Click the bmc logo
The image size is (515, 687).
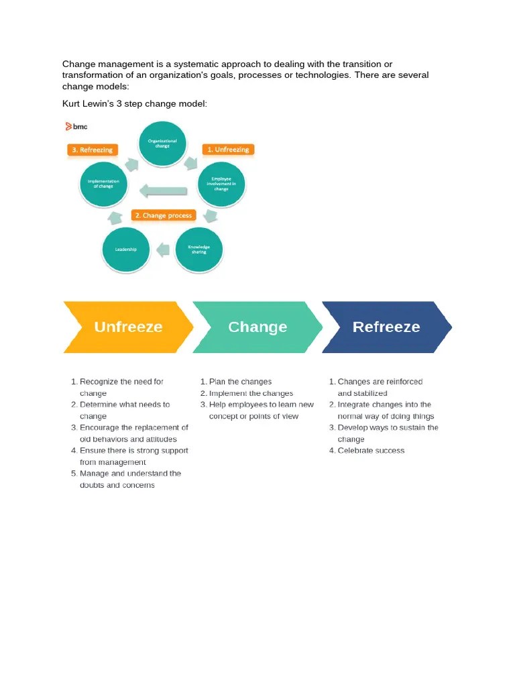click(76, 126)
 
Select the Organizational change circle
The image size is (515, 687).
click(162, 144)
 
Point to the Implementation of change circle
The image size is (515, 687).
click(103, 182)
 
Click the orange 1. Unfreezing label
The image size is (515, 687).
click(228, 150)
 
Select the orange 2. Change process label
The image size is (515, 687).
click(164, 215)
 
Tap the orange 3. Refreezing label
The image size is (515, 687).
click(93, 150)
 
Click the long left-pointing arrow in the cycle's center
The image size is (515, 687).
click(162, 190)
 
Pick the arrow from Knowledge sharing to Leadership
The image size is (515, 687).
click(162, 250)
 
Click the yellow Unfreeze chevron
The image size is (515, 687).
click(127, 327)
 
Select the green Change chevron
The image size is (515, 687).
click(257, 327)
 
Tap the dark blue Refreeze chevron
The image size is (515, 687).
click(386, 327)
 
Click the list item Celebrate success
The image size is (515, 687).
click(371, 451)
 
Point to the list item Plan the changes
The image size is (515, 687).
click(240, 382)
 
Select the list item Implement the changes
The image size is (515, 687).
click(251, 393)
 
